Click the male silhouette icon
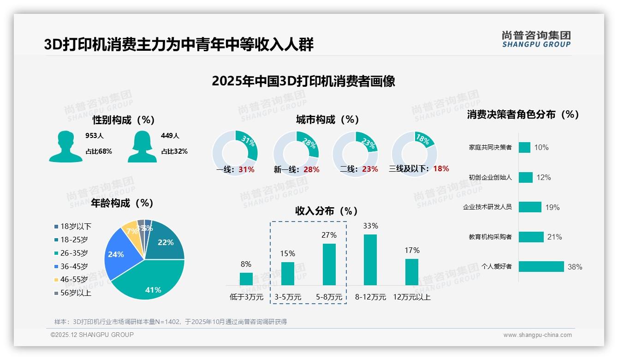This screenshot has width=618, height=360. (x=65, y=147)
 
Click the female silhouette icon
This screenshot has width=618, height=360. (x=142, y=147)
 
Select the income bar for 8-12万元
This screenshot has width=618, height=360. (x=370, y=260)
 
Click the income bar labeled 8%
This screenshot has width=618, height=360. (x=246, y=279)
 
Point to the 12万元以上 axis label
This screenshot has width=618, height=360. (x=411, y=297)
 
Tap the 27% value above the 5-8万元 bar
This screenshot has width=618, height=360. (x=329, y=235)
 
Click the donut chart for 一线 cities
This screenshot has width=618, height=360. (x=235, y=153)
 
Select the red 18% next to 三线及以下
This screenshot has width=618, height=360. (x=441, y=169)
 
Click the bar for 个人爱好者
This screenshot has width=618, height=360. (x=541, y=266)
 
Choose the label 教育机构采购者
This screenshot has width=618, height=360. (x=490, y=237)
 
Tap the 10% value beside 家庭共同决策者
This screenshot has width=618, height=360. (x=541, y=147)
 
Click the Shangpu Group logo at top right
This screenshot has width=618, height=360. (x=536, y=39)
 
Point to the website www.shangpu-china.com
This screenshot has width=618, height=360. (x=537, y=335)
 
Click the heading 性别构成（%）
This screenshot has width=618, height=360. (x=124, y=120)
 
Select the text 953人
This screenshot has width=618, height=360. (x=95, y=136)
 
